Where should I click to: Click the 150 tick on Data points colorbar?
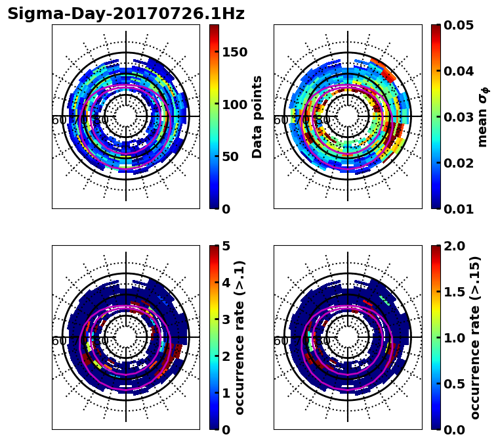coord(235,53)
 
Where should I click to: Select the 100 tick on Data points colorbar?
coord(235,105)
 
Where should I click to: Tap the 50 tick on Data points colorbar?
coord(230,156)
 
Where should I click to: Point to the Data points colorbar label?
coord(257,116)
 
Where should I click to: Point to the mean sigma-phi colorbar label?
coord(483,116)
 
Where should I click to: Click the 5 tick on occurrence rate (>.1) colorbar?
coord(226,246)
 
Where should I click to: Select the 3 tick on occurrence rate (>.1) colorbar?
coord(226,319)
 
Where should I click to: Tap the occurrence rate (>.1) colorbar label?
coord(240,337)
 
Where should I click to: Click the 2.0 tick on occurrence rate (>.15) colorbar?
coord(453,246)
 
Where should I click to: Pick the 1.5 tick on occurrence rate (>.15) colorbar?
coord(453,292)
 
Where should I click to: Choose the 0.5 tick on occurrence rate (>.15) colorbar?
coord(453,384)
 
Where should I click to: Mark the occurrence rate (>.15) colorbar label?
coord(475,337)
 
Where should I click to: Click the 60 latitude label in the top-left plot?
coord(58,120)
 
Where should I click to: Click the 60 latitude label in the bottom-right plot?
coord(280,341)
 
